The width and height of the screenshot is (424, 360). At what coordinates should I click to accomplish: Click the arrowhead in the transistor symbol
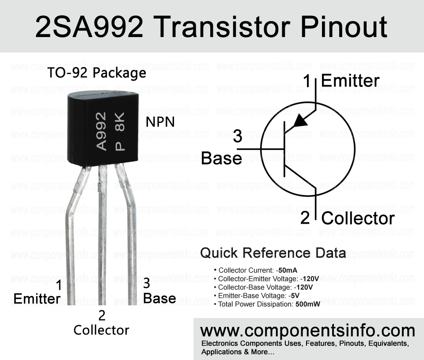(x=300, y=121)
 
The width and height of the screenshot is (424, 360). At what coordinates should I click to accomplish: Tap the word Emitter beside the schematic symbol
(x=350, y=80)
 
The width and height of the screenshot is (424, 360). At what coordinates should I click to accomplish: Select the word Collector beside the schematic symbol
(x=358, y=218)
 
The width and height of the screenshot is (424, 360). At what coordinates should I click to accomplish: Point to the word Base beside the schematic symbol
(x=221, y=158)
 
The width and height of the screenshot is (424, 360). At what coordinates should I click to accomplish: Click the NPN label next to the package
(x=160, y=122)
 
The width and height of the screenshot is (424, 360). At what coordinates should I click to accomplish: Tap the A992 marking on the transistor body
(x=102, y=131)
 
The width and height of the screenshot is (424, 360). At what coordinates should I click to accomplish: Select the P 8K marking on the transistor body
(x=120, y=131)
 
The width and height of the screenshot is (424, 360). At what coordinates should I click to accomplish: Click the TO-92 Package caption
(x=97, y=73)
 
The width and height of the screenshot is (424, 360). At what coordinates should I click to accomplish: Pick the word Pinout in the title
(x=344, y=27)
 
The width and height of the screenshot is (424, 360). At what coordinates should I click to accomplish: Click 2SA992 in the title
(x=89, y=27)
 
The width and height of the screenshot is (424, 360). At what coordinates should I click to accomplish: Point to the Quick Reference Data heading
(x=273, y=253)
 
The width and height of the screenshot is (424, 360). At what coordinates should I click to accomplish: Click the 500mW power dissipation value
(x=308, y=304)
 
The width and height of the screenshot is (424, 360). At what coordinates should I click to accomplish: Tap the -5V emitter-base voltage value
(x=294, y=296)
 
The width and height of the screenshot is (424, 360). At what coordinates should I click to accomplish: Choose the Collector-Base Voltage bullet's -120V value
(x=303, y=287)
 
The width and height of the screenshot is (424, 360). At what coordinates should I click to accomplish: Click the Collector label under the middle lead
(x=101, y=330)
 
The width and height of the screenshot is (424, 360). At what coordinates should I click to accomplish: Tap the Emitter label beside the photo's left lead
(x=37, y=298)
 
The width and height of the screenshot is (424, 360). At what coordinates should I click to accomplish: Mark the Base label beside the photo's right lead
(x=159, y=298)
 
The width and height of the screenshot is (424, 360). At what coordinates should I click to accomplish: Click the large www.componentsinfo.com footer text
(x=307, y=331)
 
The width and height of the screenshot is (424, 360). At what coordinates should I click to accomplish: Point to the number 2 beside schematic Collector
(x=305, y=218)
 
